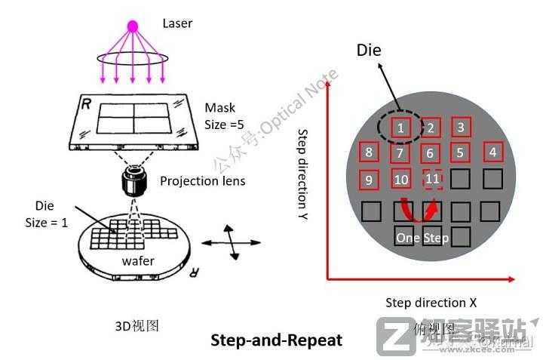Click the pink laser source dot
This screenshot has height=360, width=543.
[x=133, y=26]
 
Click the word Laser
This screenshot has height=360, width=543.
[x=177, y=23]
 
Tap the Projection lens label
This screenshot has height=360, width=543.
[x=202, y=181]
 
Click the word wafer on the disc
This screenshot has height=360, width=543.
[x=138, y=261]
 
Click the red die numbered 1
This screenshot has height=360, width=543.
[x=402, y=128]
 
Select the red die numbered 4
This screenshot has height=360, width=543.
[x=492, y=152]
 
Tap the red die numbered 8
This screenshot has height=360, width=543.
[x=369, y=153]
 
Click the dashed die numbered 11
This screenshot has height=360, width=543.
[x=432, y=179]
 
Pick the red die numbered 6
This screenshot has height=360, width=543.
[x=430, y=153]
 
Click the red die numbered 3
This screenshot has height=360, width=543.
[x=461, y=128]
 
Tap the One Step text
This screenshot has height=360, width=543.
[x=422, y=238]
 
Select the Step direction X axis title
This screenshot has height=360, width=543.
[x=431, y=303]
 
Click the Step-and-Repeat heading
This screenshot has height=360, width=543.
[x=276, y=340]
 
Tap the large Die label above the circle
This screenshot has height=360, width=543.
[x=369, y=51]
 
